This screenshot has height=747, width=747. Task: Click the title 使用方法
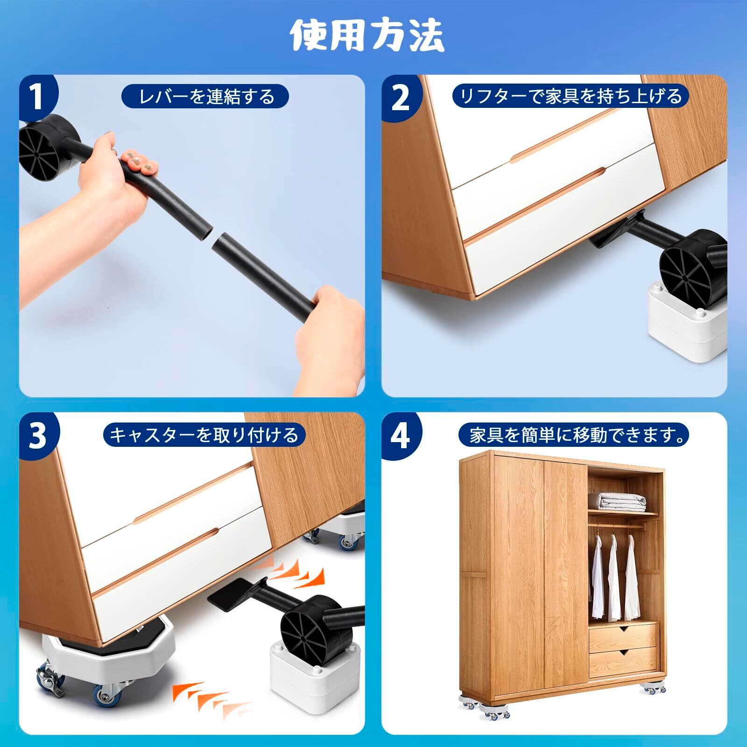click(x=367, y=36)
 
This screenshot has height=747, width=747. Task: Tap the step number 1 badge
click(x=37, y=97)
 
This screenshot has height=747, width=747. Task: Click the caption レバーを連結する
click(x=205, y=97)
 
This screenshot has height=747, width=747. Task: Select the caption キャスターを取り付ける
click(x=204, y=435)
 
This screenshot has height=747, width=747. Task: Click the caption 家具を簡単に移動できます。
click(x=574, y=435)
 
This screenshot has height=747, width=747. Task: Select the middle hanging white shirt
click(x=613, y=578)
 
